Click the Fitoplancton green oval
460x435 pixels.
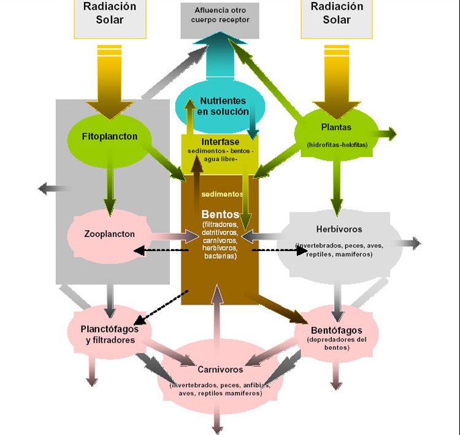110,136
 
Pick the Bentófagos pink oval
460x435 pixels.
336,335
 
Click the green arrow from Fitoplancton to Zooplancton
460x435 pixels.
110,184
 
